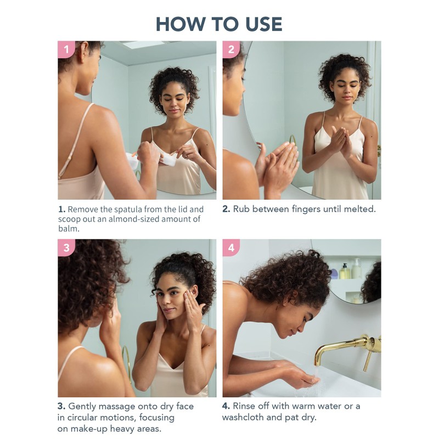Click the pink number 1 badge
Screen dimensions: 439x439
click(66, 49)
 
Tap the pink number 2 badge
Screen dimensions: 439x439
click(231, 49)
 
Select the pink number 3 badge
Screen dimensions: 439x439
click(66, 247)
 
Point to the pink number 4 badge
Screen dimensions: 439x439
click(231, 247)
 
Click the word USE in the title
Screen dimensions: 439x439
click(263, 24)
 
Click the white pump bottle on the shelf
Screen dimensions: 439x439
click(356, 268)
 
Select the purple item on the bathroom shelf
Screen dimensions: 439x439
click(334, 273)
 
